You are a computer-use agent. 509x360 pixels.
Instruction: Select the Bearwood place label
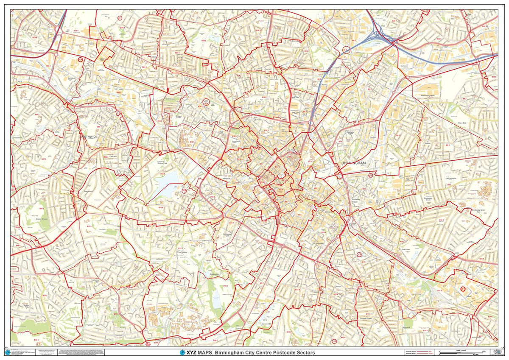[x=89, y=192]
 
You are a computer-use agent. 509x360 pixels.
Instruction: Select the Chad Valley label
[x=182, y=252]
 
